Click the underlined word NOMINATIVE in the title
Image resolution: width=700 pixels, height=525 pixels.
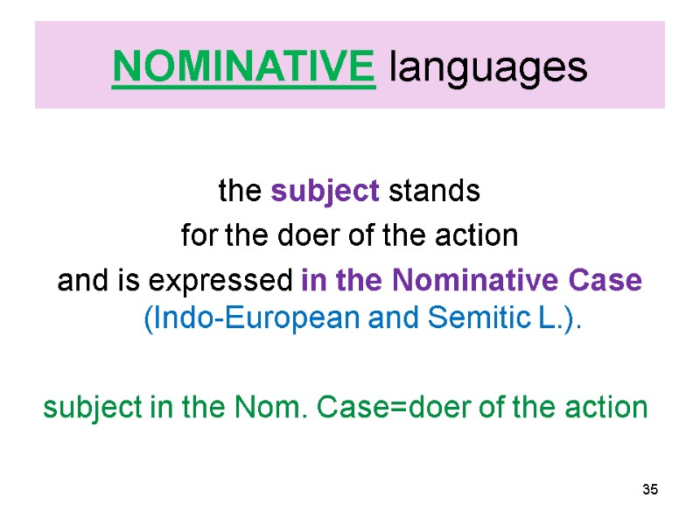click(x=244, y=65)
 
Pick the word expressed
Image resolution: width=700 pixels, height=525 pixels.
click(x=222, y=283)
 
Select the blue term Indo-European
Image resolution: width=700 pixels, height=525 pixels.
click(x=226, y=320)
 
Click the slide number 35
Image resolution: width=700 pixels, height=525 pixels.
click(x=648, y=489)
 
